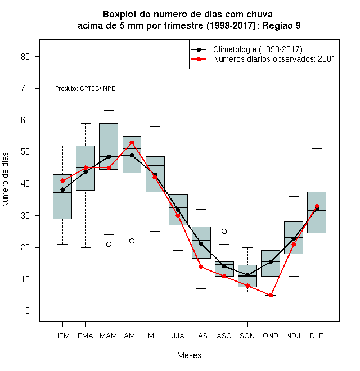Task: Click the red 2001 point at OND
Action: point(271,295)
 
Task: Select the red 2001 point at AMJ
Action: point(132,142)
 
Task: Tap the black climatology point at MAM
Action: point(109,156)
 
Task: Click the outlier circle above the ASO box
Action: point(224,231)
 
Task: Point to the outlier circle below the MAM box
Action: point(109,244)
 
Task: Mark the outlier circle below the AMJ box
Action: point(132,241)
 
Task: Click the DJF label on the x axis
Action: point(317,336)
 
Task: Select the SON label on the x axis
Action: point(247,336)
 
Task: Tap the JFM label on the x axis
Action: point(62,336)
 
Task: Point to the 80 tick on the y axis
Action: point(25,57)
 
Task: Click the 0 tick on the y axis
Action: point(28,311)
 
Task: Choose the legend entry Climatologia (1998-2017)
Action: point(258,49)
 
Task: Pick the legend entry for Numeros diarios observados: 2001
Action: point(274,59)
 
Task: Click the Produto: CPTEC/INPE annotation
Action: point(85,88)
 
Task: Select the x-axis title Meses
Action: point(189,355)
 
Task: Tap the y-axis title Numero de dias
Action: point(5,180)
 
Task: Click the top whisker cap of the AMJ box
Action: point(132,98)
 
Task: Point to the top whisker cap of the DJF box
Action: point(317,148)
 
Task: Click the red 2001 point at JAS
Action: point(201,266)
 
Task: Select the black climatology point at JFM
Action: point(62,189)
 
